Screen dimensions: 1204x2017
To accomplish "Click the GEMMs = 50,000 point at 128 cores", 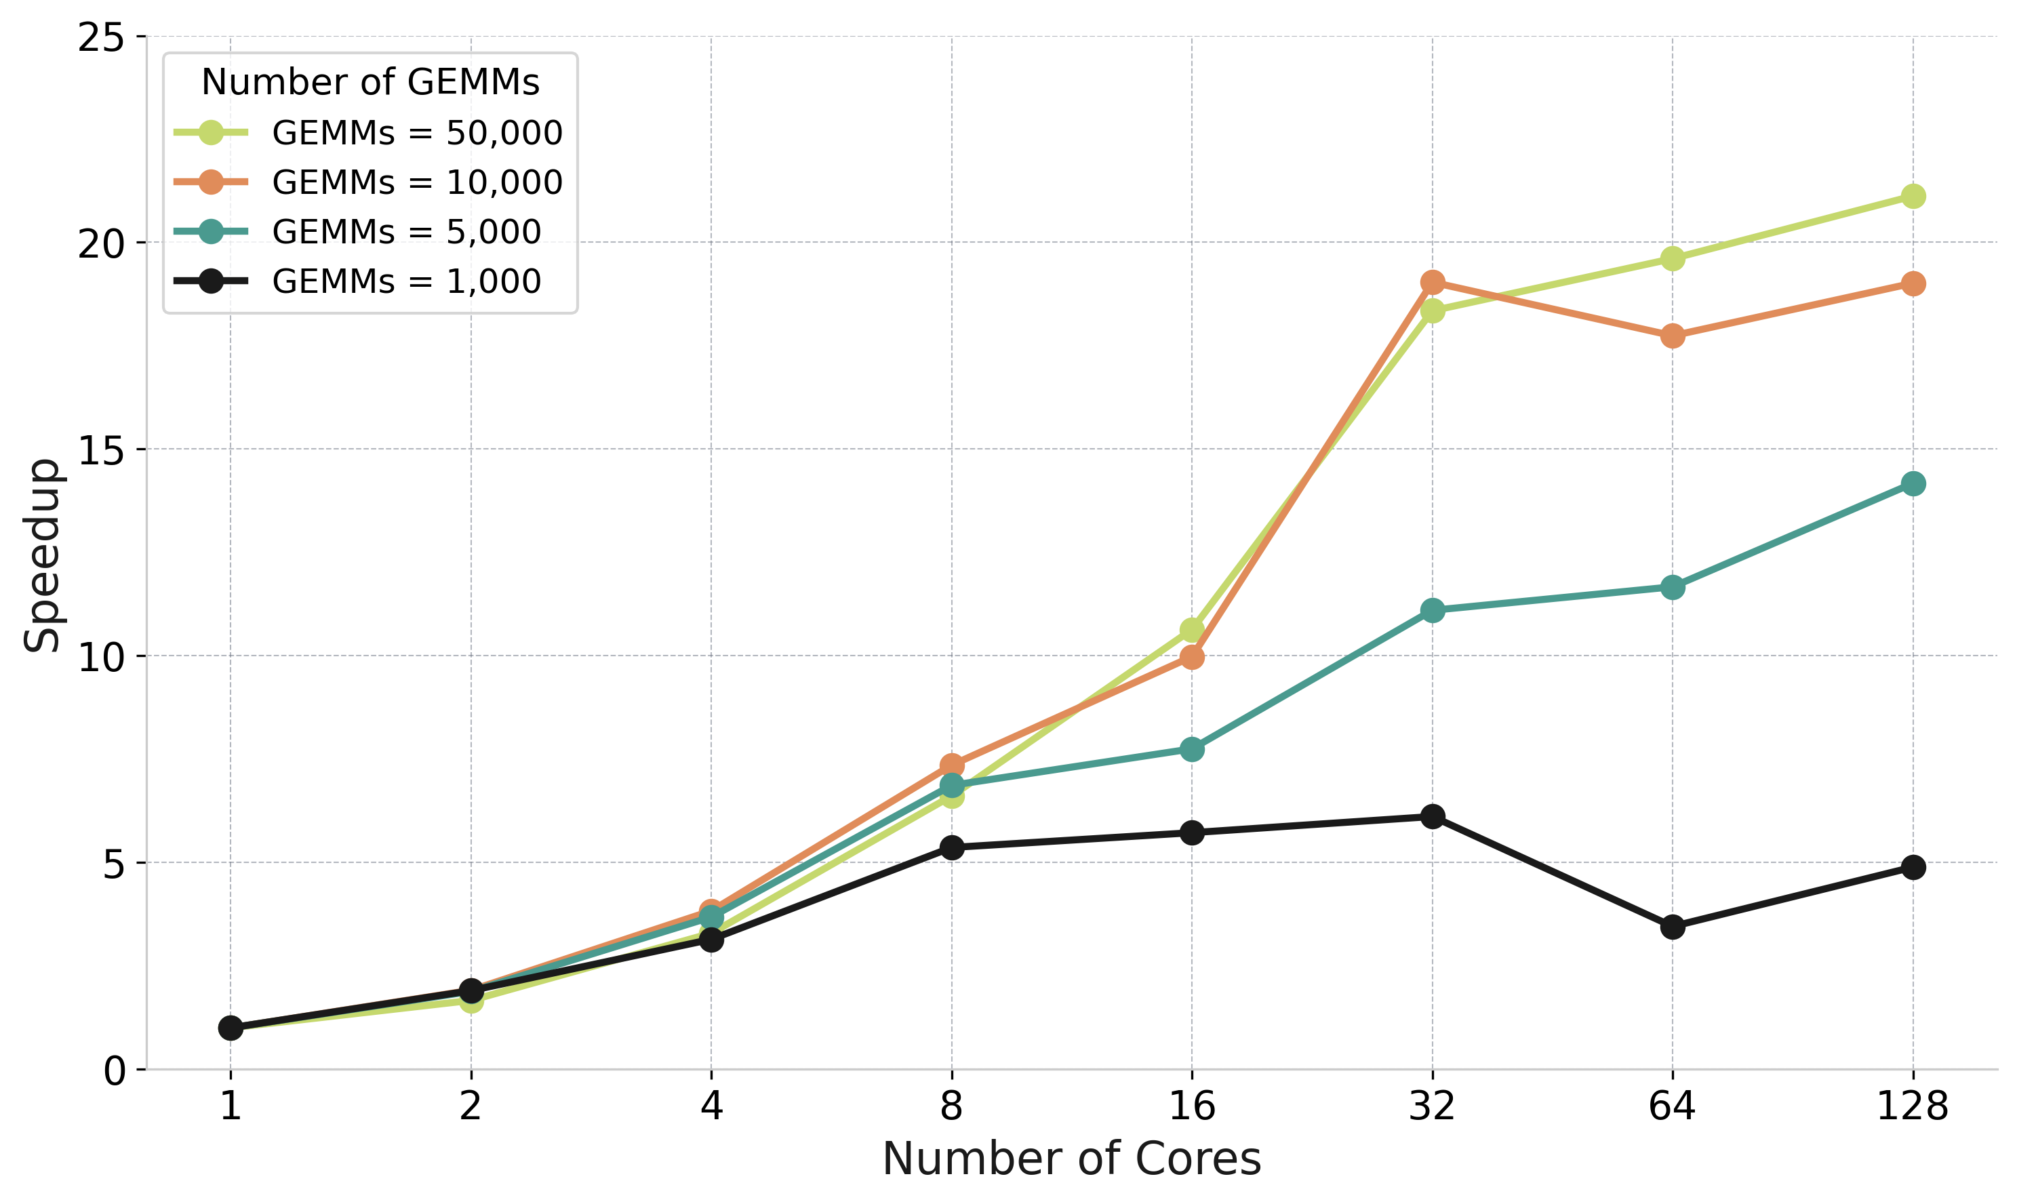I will point(1913,197).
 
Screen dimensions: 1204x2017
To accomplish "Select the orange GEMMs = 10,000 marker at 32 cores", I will point(1432,282).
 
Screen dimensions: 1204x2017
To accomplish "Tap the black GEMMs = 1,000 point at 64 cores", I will point(1672,927).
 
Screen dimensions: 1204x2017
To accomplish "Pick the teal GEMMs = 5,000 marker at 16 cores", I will point(1192,749).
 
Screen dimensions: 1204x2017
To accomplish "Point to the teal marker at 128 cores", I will point(1913,484).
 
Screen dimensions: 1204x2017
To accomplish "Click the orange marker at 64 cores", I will point(1672,336).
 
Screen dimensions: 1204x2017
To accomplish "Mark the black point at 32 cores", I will point(1432,816).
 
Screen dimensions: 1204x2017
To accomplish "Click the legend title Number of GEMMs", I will point(370,82).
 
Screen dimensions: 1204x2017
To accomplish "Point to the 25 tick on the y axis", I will point(102,37).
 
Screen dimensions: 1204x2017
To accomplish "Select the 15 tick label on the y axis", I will point(102,450).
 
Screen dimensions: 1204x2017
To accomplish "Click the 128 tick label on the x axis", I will point(1913,1106).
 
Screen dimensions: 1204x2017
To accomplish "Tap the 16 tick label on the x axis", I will point(1192,1106).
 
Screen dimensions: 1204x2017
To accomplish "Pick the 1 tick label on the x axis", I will point(231,1106).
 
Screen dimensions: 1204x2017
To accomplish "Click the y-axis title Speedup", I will point(42,556).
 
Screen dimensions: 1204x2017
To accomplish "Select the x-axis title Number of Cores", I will point(1071,1159).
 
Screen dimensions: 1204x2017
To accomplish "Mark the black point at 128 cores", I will point(1913,867).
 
